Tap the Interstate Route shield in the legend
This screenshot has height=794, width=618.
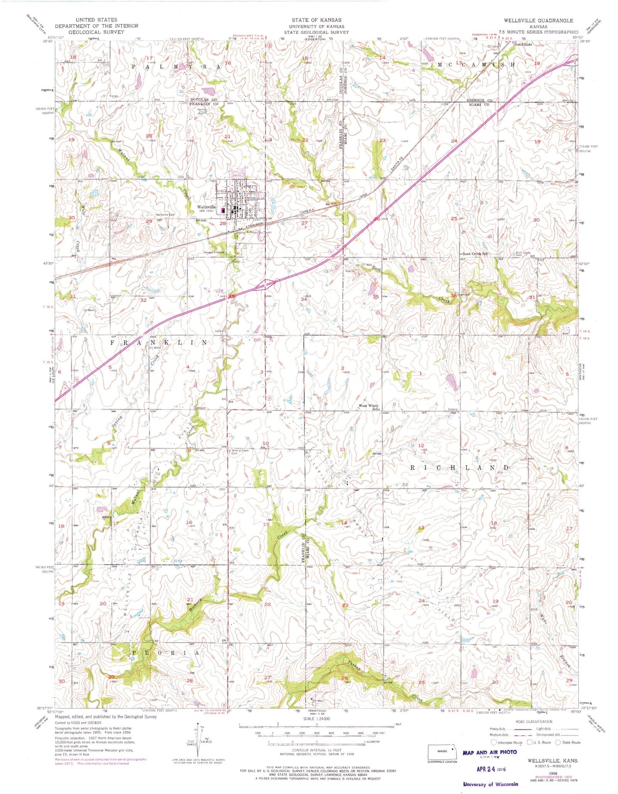(494, 742)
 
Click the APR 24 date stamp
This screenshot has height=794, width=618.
(491, 768)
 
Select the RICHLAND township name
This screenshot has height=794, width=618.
(460, 468)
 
